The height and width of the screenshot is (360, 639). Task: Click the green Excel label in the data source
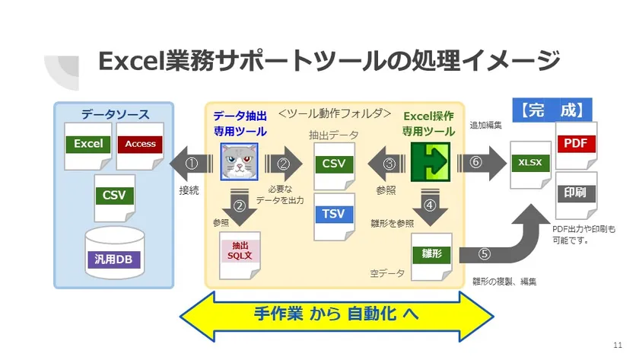[88, 143]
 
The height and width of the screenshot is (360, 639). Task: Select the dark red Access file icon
[140, 143]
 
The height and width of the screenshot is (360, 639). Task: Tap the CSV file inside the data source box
[114, 195]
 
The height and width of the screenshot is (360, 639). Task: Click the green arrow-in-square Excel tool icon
[430, 162]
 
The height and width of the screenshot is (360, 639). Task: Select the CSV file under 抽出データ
[333, 163]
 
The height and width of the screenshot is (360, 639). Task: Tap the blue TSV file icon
[333, 214]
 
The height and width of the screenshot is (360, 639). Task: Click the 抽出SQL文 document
[239, 250]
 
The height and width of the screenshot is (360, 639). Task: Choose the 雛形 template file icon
[431, 253]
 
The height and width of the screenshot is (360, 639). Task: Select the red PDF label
[577, 144]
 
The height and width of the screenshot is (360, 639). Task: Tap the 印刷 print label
[577, 193]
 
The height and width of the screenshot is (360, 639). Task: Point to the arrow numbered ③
[389, 163]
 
